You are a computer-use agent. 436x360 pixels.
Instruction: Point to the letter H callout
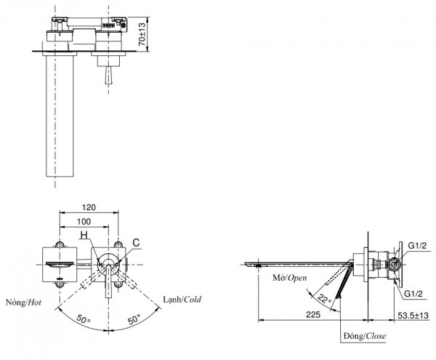[x=84, y=235]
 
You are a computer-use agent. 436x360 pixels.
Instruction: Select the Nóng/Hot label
[x=23, y=300]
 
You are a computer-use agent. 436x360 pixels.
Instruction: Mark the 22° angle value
[x=323, y=298]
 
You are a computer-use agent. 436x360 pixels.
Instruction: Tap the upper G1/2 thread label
[x=418, y=247]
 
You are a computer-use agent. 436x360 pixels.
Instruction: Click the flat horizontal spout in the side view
[x=298, y=262]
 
